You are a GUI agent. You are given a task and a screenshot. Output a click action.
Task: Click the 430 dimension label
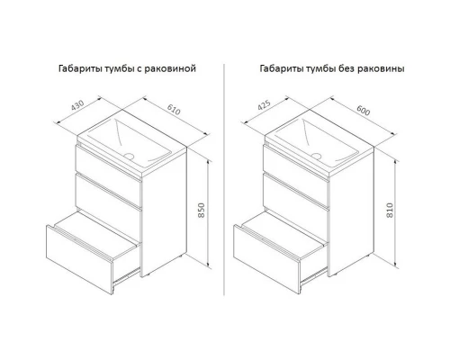pyautogui.click(x=77, y=105)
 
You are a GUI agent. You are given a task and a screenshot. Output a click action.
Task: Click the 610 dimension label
pyautogui.click(x=174, y=110)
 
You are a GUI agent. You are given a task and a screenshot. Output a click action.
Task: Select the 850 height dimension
pyautogui.click(x=202, y=211)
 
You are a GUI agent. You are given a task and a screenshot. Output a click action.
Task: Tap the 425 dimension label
pyautogui.click(x=264, y=104)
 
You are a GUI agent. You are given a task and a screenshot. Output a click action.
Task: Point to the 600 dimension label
pyautogui.click(x=364, y=110)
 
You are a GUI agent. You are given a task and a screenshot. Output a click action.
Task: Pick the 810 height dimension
pyautogui.click(x=390, y=211)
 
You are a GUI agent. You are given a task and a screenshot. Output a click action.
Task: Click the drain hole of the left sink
pyautogui.click(x=129, y=156)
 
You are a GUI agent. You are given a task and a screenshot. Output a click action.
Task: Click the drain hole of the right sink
pyautogui.click(x=316, y=156)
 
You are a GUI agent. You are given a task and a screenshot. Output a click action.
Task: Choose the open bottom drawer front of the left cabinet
pyautogui.click(x=79, y=259)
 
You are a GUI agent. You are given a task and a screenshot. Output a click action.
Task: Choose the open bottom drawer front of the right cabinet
pyautogui.click(x=266, y=259)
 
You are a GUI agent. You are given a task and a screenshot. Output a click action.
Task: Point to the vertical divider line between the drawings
pyautogui.click(x=224, y=179)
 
